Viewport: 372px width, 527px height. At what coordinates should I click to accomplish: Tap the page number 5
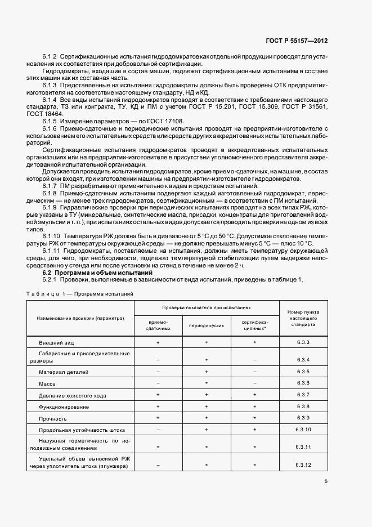[326, 481]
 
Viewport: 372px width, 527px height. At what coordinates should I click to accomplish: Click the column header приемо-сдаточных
[158, 325]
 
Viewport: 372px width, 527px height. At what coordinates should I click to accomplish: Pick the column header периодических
[207, 325]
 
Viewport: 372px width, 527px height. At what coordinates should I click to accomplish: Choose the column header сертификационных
[255, 325]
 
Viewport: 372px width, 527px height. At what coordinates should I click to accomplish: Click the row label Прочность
[53, 418]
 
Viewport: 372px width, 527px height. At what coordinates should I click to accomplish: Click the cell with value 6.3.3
[303, 342]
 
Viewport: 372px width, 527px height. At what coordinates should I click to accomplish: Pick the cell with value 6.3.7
[303, 395]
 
